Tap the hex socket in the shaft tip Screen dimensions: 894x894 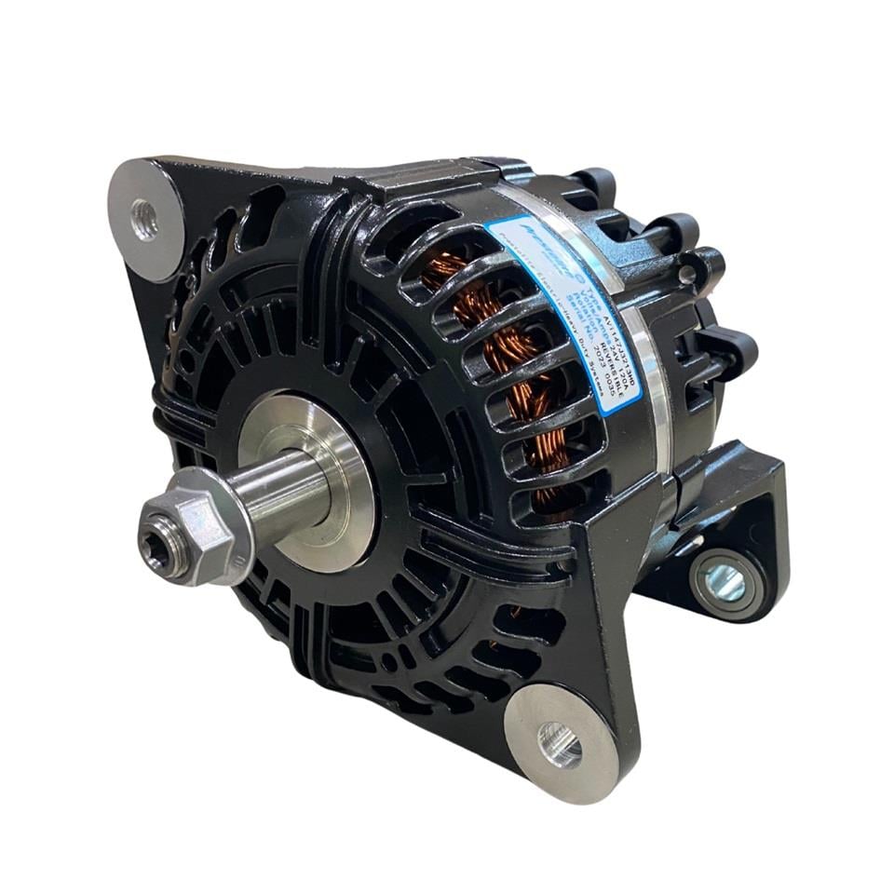tap(156, 537)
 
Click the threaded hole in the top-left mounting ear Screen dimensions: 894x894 tap(144, 220)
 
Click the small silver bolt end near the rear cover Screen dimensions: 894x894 tap(687, 275)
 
